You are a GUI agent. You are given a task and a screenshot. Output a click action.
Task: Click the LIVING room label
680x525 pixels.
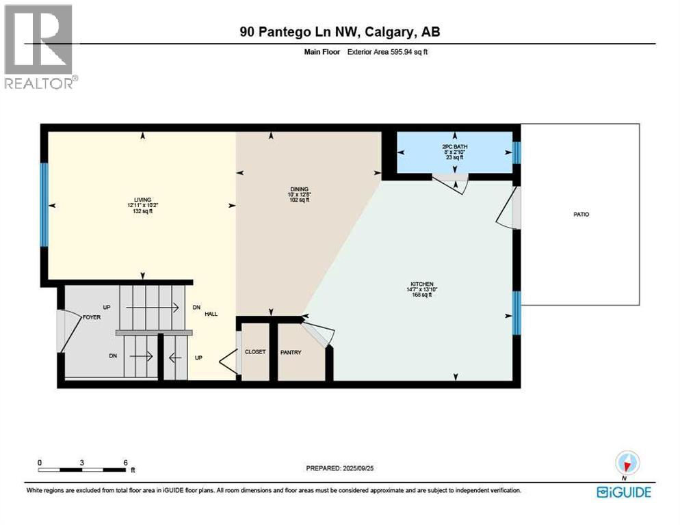point(142,200)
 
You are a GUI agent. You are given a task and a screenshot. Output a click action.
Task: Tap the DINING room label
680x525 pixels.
point(299,189)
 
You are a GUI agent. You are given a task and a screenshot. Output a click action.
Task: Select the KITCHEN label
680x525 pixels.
point(422,284)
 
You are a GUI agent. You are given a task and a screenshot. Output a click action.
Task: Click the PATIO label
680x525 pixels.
point(581,215)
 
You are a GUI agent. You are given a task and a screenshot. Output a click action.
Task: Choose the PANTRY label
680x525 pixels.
point(291,352)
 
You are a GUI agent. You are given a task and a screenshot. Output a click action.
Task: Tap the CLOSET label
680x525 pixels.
point(254,352)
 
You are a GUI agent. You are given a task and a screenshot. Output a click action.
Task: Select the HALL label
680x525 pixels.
point(211,314)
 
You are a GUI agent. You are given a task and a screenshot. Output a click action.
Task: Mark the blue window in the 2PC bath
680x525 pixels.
point(516,152)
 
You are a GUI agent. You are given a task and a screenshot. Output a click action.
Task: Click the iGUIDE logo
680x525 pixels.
point(623,492)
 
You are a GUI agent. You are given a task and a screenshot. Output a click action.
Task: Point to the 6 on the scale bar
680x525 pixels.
point(125,462)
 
